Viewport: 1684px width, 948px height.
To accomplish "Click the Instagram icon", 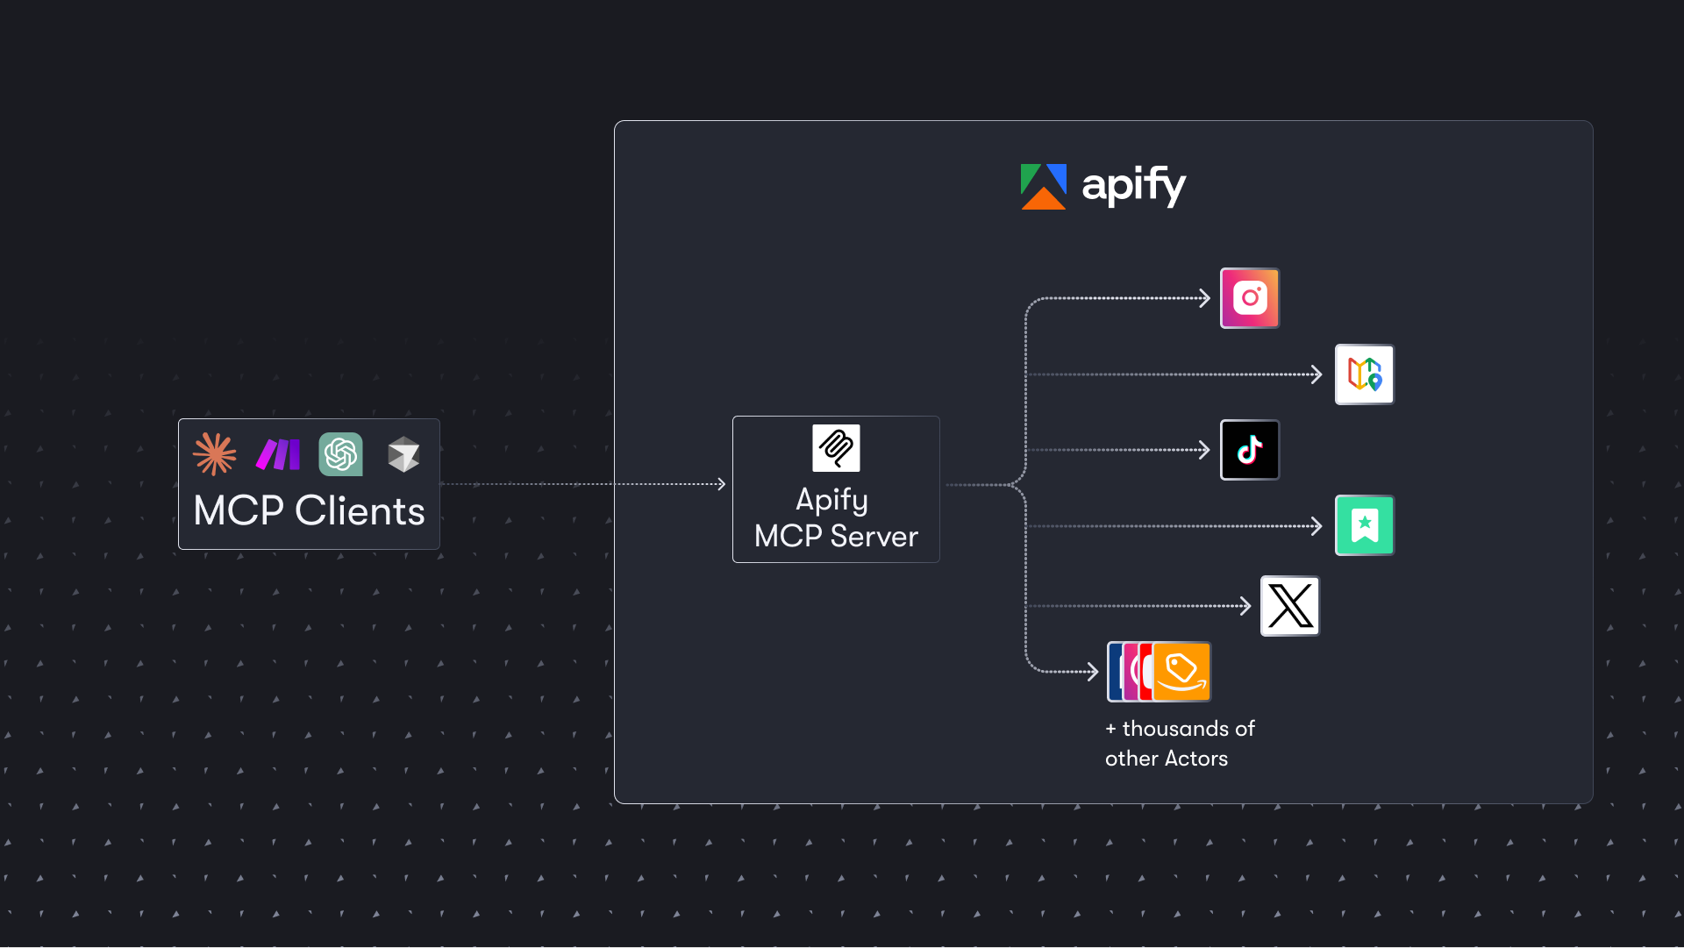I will [x=1250, y=298].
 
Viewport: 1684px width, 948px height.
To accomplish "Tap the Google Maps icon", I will [x=1364, y=374].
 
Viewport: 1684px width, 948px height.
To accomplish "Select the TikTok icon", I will [x=1250, y=450].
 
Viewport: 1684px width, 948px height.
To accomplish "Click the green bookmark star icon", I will [x=1364, y=525].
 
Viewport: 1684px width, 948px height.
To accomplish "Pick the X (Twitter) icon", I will [x=1290, y=606].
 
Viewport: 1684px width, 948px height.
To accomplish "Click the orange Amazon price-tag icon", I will [x=1182, y=672].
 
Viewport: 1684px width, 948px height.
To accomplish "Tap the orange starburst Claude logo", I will [x=215, y=454].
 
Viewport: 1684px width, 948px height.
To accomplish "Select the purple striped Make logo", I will [x=278, y=454].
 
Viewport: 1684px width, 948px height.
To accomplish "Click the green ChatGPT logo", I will [x=341, y=454].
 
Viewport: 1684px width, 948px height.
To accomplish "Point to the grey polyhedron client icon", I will [x=403, y=454].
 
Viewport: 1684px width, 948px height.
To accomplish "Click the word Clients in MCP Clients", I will [x=360, y=511].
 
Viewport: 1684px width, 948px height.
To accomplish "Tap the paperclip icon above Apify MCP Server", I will [x=836, y=448].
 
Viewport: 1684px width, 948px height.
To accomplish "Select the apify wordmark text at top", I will [x=1133, y=186].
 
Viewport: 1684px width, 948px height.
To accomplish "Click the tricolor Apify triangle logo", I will [x=1043, y=187].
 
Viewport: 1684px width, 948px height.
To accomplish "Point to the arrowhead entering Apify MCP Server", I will [x=721, y=484].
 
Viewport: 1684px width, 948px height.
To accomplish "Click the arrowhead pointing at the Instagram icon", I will [x=1205, y=298].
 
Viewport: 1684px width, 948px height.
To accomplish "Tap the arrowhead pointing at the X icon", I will [x=1245, y=606].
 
